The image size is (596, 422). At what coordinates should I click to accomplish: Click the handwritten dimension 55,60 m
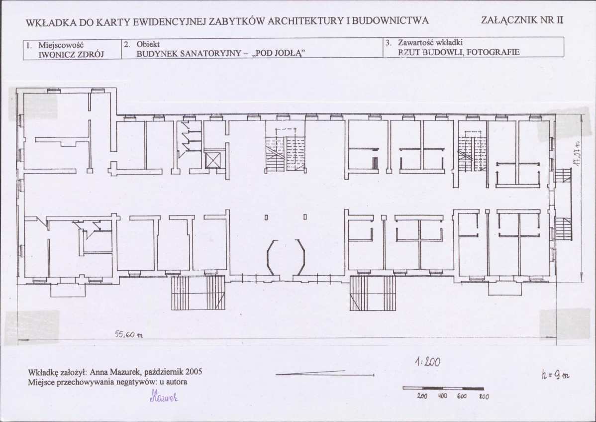coord(128,334)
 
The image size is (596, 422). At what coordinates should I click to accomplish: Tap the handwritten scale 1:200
coord(428,362)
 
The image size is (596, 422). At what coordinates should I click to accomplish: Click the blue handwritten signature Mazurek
coord(164,397)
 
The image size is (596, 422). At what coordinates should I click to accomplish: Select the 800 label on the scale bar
coord(484,397)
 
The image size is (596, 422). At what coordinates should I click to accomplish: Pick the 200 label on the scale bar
coord(422,396)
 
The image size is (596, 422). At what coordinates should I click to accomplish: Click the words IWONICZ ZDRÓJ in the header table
coord(71,54)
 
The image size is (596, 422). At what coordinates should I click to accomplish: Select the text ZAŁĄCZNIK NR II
coord(522,20)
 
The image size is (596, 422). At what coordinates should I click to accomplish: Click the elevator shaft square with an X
coord(212,161)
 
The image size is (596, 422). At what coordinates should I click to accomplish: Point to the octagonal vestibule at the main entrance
coord(286,257)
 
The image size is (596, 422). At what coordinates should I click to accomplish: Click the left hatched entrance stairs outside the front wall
coord(198,293)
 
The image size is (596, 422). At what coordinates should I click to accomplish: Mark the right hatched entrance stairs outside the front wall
coord(373,293)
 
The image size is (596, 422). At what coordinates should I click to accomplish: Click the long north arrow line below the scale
coord(324,373)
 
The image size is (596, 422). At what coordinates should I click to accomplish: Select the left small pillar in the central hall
coord(266,217)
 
